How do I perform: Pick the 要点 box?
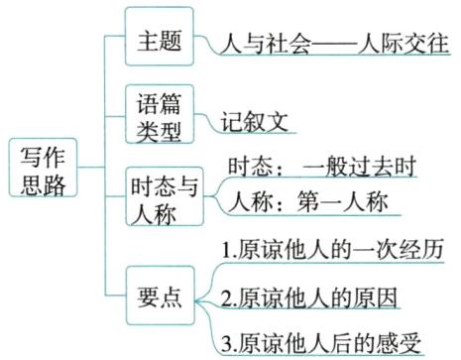(160, 294)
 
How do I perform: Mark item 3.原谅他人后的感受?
(321, 342)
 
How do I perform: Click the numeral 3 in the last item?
(227, 343)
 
